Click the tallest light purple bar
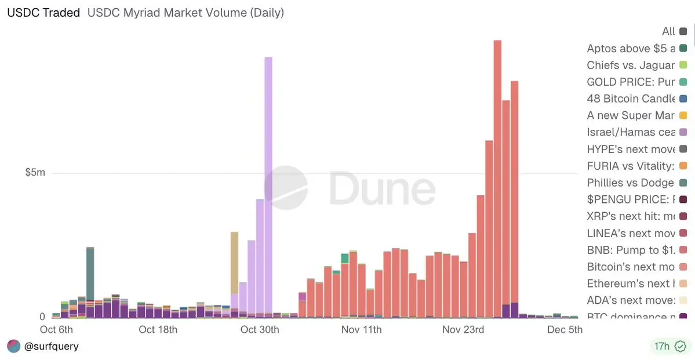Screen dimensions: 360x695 coord(268,186)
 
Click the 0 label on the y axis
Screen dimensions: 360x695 coord(42,317)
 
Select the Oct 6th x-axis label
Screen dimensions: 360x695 coord(56,330)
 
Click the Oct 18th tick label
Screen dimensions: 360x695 coord(158,330)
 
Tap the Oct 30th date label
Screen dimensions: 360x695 coord(260,330)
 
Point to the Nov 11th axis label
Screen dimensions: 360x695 coord(361,330)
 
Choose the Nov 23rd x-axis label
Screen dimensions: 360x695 coord(463,330)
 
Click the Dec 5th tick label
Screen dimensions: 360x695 coord(564,330)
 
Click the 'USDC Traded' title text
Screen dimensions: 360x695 coord(43,12)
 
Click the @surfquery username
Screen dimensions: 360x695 coord(52,347)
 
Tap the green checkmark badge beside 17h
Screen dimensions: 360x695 coord(681,347)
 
